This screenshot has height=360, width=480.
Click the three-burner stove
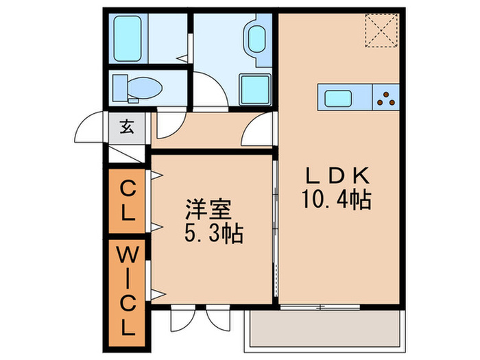[x=386, y=98]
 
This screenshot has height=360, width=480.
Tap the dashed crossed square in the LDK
[x=382, y=31]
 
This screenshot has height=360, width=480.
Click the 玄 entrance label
[x=128, y=127]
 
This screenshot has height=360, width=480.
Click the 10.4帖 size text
[x=335, y=200]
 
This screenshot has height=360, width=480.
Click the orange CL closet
[x=127, y=200]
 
